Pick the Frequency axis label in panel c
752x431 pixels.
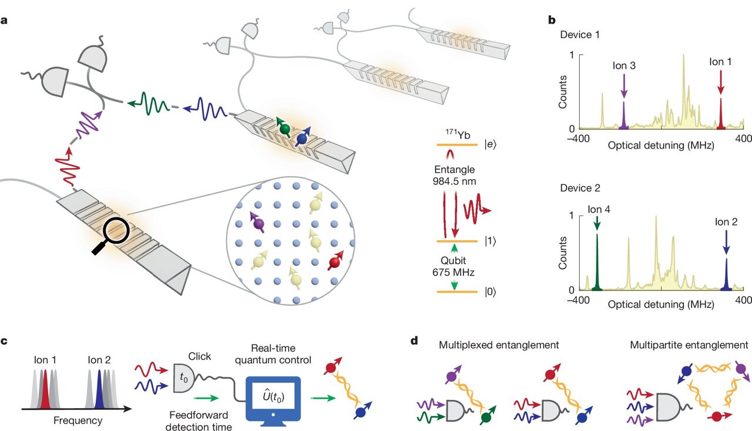tap(78, 420)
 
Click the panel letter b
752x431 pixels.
tap(552, 19)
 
